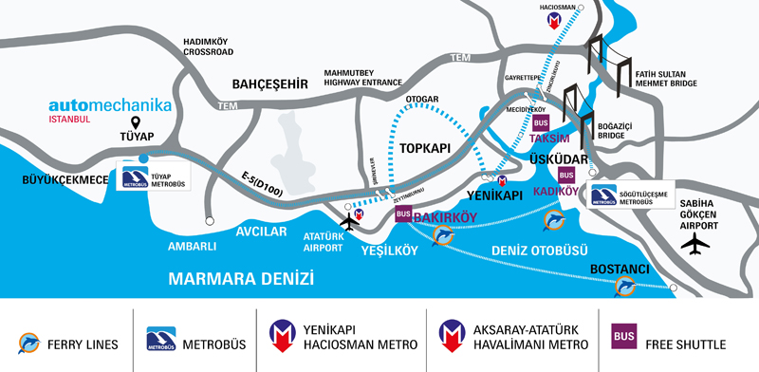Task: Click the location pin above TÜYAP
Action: click(135, 123)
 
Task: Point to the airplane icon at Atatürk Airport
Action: click(350, 222)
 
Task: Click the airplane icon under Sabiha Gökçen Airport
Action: click(695, 243)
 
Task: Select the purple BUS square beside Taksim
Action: click(542, 123)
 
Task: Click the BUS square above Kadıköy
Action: click(566, 176)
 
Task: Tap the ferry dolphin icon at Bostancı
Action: click(625, 287)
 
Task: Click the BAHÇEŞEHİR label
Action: click(270, 84)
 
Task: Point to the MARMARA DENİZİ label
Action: click(240, 278)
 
